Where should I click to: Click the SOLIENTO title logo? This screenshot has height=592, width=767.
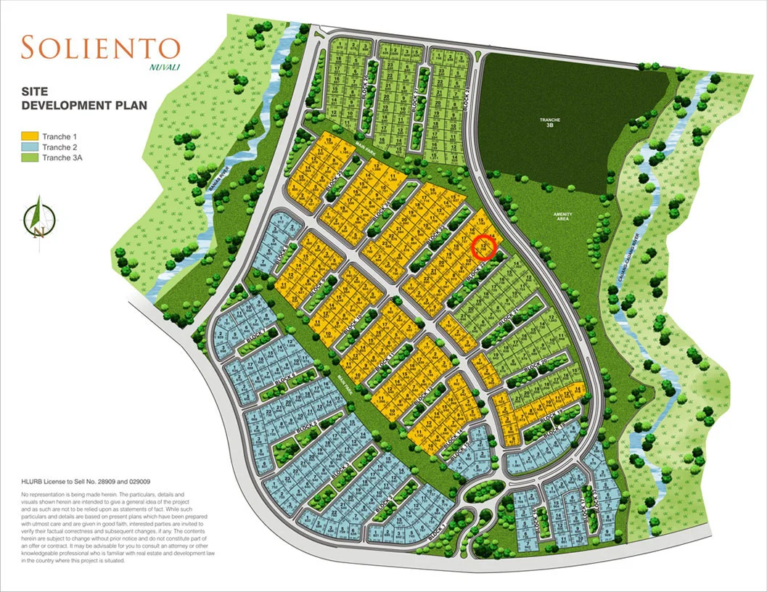pyautogui.click(x=100, y=48)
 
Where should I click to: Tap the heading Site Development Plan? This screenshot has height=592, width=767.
pyautogui.click(x=83, y=99)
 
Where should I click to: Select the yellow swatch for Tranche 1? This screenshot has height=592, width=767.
pyautogui.click(x=30, y=136)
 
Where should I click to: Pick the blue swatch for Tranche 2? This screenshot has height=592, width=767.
pyautogui.click(x=30, y=147)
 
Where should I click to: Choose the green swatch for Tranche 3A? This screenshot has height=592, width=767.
pyautogui.click(x=30, y=158)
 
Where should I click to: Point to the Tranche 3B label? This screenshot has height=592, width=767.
pyautogui.click(x=540, y=122)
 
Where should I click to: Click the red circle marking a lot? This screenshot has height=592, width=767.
pyautogui.click(x=483, y=248)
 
